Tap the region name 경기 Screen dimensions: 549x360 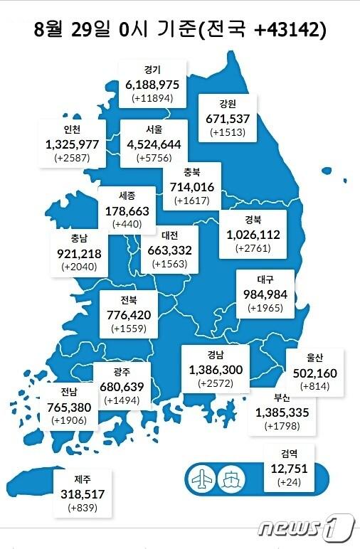tap(152, 70)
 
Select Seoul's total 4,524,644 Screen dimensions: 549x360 tap(154, 144)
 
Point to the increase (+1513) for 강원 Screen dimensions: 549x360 tap(228, 132)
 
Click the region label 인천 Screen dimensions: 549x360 tap(72, 129)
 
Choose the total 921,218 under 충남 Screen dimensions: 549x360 tap(79, 252)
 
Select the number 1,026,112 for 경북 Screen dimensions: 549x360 tap(254, 235)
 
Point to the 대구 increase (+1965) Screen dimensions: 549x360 tap(266, 309)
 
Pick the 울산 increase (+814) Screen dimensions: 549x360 tap(314, 386)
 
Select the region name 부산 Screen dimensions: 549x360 tap(273, 398)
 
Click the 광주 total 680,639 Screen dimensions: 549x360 tap(122, 386)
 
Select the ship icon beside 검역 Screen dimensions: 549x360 tap(233, 476)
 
